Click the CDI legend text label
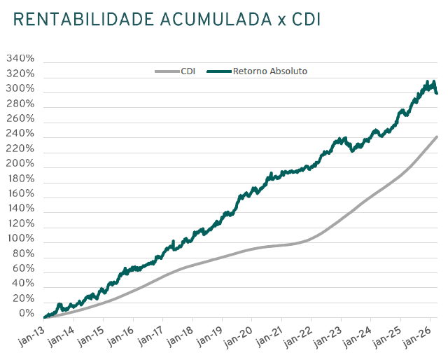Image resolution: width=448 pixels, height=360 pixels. [188, 71]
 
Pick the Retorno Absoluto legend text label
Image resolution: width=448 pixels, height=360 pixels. [269, 71]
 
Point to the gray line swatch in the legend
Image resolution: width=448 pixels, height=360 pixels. [167, 71]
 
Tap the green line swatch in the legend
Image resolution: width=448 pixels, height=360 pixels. [219, 71]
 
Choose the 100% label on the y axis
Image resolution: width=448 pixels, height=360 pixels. [20, 238]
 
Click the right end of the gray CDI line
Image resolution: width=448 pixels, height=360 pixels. [437, 137]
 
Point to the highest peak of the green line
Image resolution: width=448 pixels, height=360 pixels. [428, 82]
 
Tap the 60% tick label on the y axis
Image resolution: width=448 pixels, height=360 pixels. [23, 268]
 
